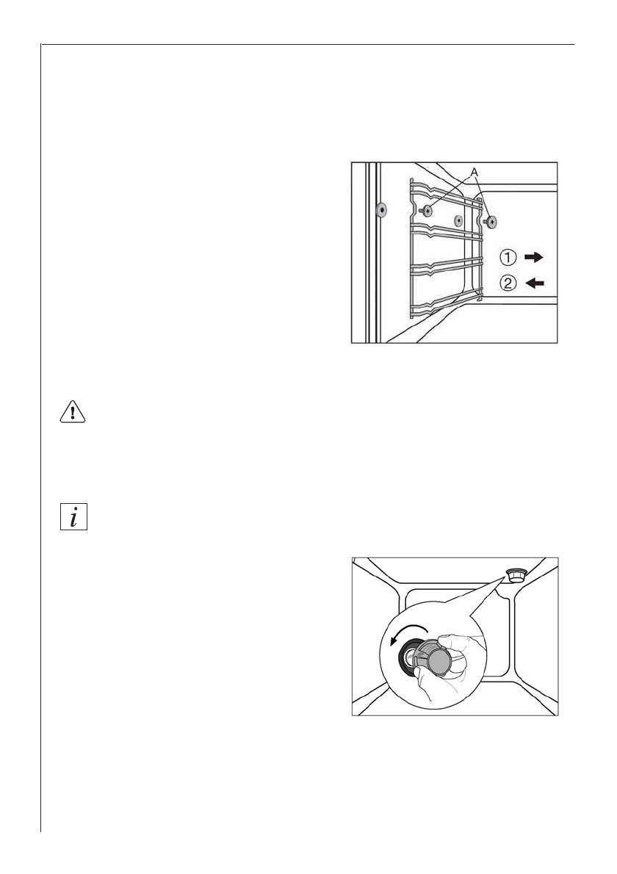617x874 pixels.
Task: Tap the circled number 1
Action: (x=508, y=257)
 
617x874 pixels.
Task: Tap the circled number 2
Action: (x=508, y=281)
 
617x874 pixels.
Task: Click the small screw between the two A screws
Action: (x=458, y=220)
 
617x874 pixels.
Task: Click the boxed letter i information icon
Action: (x=72, y=516)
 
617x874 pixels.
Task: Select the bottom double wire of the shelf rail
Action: (x=441, y=308)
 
